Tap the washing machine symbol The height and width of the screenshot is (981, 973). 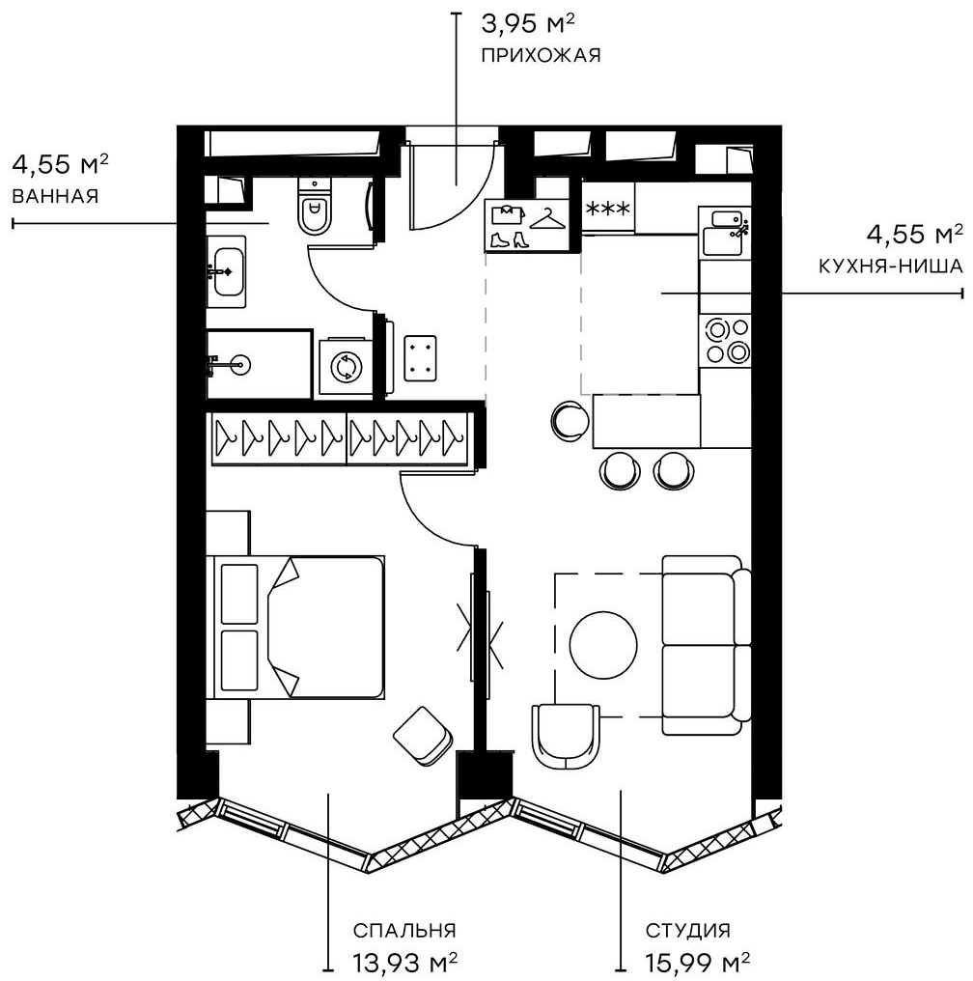pyautogui.click(x=345, y=367)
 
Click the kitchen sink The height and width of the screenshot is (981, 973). pyautogui.click(x=724, y=232)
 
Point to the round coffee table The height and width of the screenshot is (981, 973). pyautogui.click(x=603, y=645)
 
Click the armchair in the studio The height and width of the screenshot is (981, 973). pyautogui.click(x=566, y=737)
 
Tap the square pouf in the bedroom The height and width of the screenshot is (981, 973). pyautogui.click(x=423, y=736)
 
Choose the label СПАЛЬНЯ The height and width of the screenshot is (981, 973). pyautogui.click(x=404, y=931)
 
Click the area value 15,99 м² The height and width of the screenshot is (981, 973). pyautogui.click(x=697, y=961)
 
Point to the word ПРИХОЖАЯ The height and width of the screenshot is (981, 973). pyautogui.click(x=541, y=55)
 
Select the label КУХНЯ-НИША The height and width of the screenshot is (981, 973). pyautogui.click(x=890, y=266)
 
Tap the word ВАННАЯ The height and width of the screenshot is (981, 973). pyautogui.click(x=56, y=196)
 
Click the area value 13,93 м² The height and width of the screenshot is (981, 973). pyautogui.click(x=404, y=961)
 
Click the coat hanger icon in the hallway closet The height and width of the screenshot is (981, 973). pyautogui.click(x=547, y=218)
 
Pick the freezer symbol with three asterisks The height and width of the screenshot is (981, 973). pyautogui.click(x=607, y=209)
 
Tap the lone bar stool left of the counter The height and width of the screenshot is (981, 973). pyautogui.click(x=570, y=421)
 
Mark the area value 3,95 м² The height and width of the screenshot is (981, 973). pyautogui.click(x=528, y=25)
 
